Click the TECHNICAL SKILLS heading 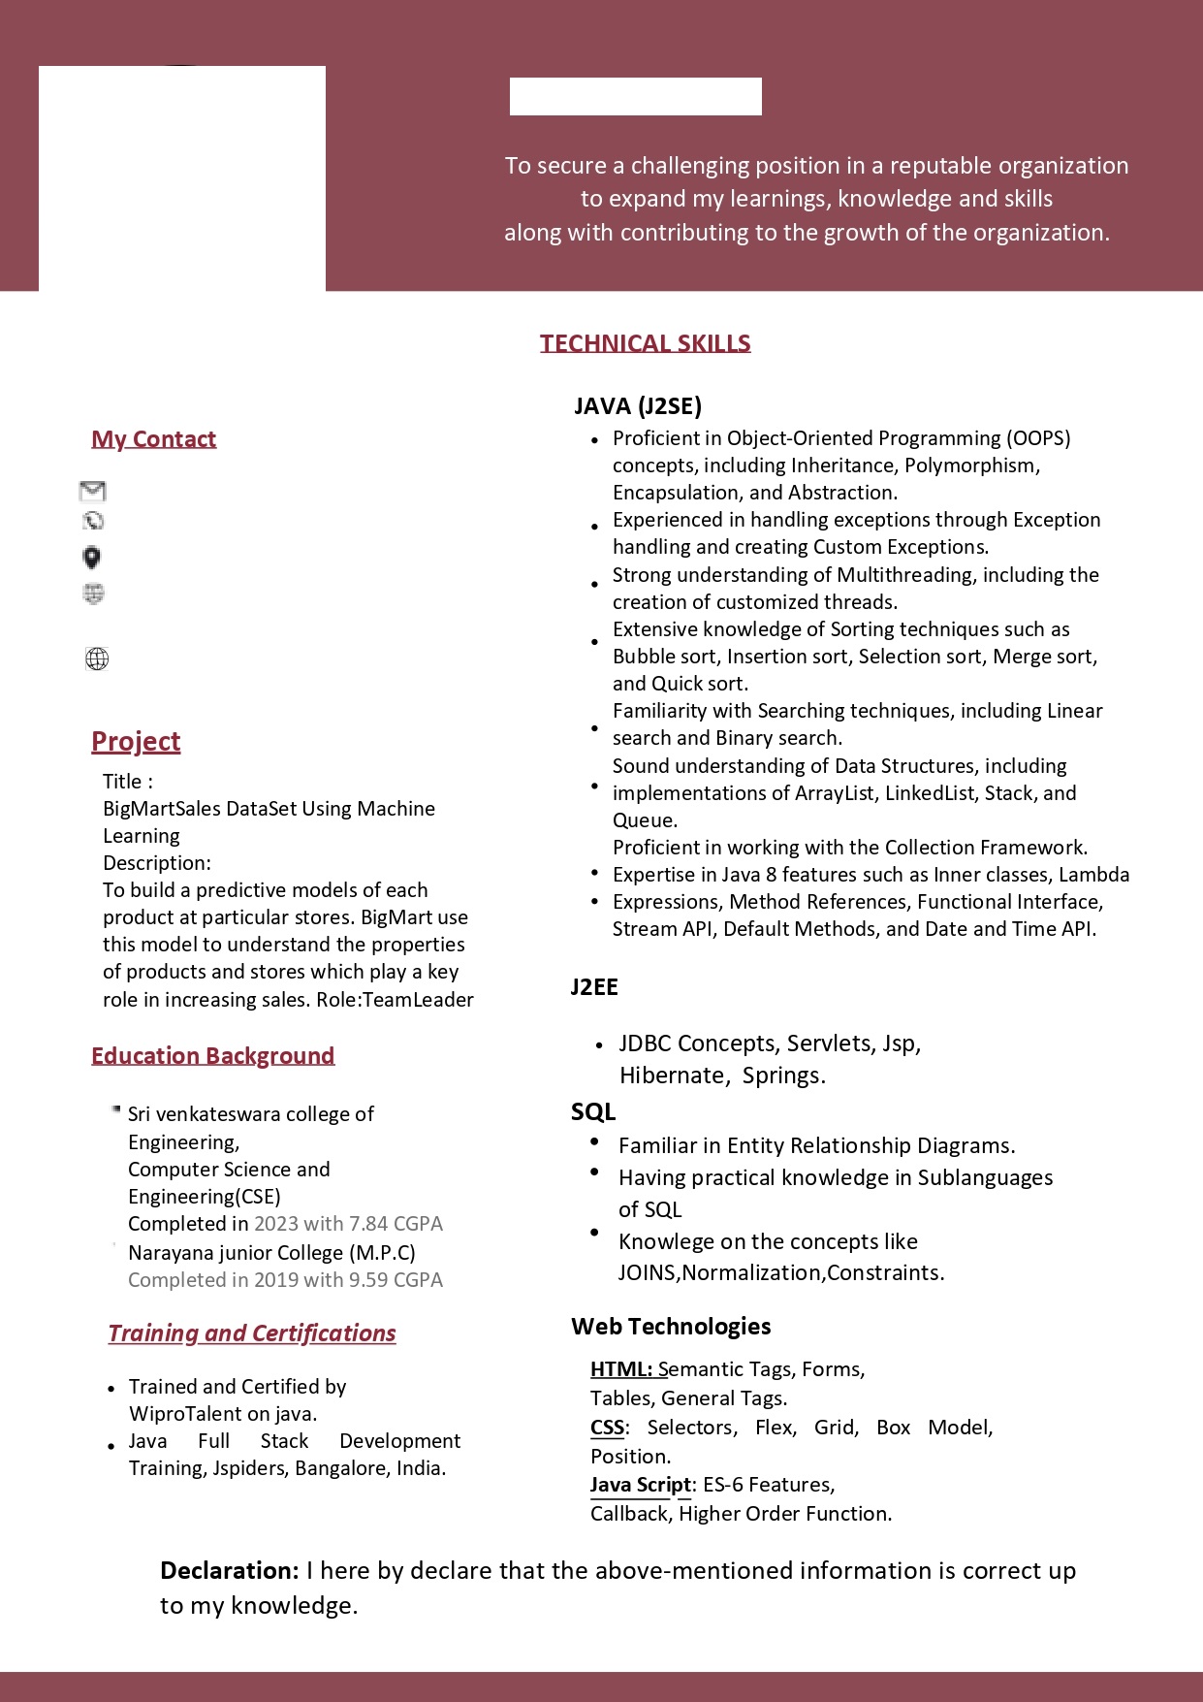point(645,343)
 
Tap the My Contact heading point(153,439)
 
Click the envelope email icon point(93,491)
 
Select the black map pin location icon point(92,558)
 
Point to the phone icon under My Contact point(94,521)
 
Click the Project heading point(136,742)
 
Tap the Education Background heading point(212,1056)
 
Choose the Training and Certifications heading point(252,1333)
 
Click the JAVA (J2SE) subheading point(638,406)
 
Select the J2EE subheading point(594,987)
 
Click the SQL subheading point(593,1112)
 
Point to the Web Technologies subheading point(671,1327)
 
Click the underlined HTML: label point(621,1369)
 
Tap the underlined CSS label point(608,1428)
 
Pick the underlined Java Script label point(641,1485)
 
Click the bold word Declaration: point(230,1571)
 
